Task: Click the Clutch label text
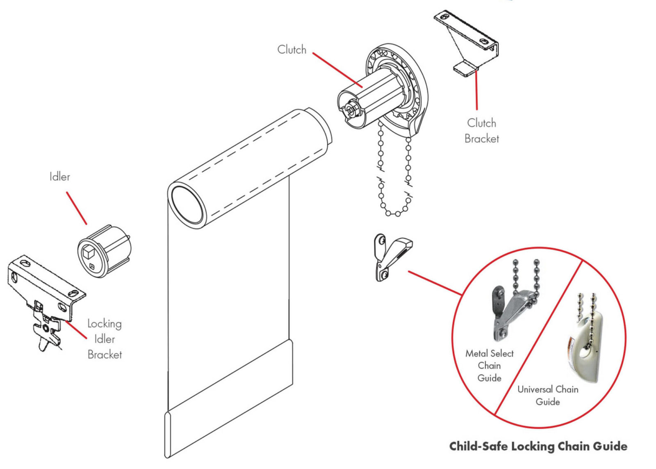tap(292, 50)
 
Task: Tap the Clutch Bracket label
tap(482, 130)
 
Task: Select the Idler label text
tap(59, 177)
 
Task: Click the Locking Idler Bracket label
tap(105, 339)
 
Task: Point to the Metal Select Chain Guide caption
tap(489, 365)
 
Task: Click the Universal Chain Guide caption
tap(548, 395)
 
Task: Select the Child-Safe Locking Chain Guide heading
tap(538, 446)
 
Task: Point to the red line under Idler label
tap(76, 208)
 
